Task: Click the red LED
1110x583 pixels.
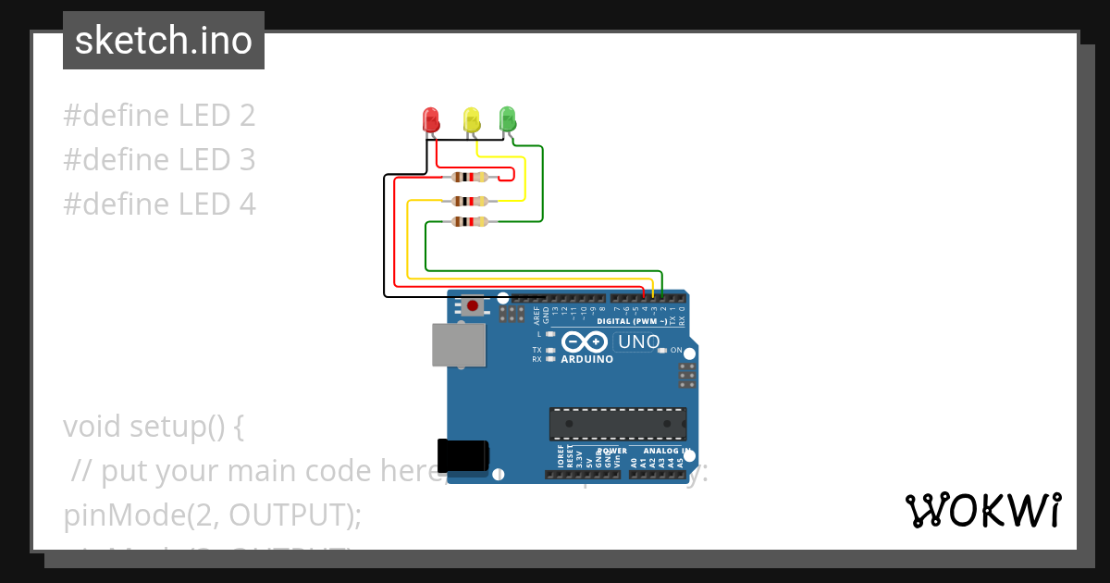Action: coord(431,119)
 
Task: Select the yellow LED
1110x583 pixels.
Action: coord(471,119)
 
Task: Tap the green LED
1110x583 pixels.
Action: coord(507,118)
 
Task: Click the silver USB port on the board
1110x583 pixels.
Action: coord(459,345)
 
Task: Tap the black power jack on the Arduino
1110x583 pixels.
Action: coord(463,454)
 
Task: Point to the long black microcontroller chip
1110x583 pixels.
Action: coord(618,423)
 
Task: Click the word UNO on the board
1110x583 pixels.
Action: coord(638,342)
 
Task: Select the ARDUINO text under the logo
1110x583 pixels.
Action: coord(586,359)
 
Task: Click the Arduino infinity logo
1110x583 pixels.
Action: coord(585,341)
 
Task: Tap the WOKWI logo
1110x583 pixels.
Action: coord(982,510)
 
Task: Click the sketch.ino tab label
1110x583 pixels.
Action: coord(164,41)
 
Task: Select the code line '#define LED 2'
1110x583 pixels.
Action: coord(159,116)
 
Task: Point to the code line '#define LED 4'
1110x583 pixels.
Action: coord(159,204)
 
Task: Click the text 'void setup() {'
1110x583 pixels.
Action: coord(154,427)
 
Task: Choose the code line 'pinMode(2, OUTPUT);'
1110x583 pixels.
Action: coord(212,515)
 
